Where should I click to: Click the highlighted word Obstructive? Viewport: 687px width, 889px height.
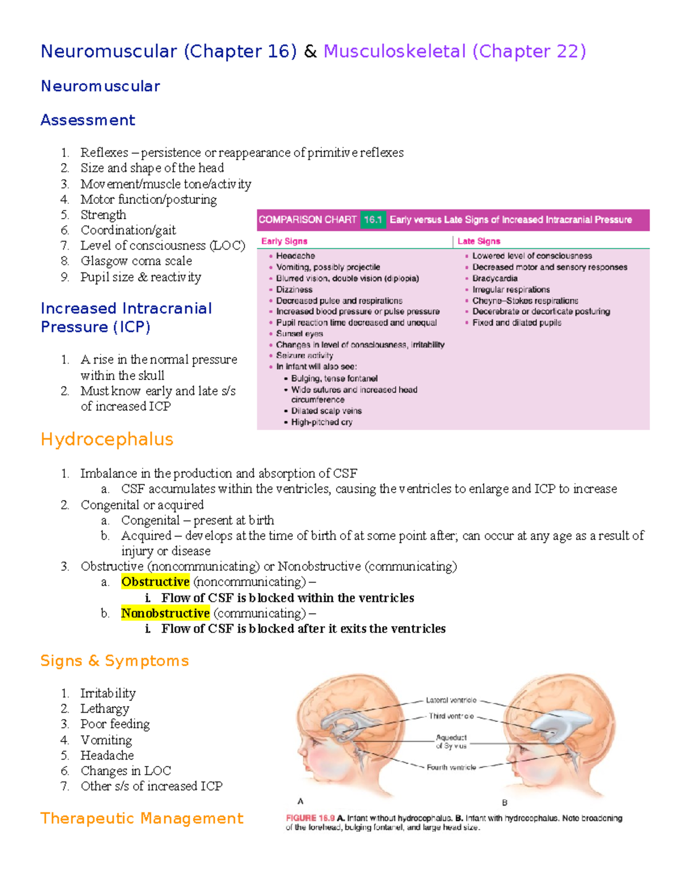click(x=155, y=582)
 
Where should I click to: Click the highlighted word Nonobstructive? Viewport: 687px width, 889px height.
click(x=165, y=613)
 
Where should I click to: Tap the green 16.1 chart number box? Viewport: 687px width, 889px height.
click(x=373, y=220)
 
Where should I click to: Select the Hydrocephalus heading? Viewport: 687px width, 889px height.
click(x=107, y=439)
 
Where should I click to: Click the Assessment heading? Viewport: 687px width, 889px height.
click(x=88, y=120)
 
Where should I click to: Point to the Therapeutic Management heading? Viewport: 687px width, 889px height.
click(x=142, y=818)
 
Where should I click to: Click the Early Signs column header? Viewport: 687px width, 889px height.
click(x=285, y=241)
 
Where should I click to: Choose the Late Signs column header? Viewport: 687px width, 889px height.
click(x=479, y=241)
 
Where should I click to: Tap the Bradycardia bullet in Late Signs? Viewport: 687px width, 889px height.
click(x=495, y=278)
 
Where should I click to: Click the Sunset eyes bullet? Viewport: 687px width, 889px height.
click(x=299, y=333)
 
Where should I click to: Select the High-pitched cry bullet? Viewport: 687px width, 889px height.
click(x=322, y=422)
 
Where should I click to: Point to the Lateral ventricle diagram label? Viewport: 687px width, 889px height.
click(x=451, y=700)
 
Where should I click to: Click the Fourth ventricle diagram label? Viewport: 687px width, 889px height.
click(x=451, y=767)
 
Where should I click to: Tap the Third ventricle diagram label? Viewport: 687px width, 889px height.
click(x=451, y=716)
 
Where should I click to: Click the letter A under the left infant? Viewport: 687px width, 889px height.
click(x=301, y=801)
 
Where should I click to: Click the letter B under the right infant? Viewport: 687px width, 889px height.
click(x=504, y=803)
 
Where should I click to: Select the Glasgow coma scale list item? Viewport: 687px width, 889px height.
click(x=136, y=261)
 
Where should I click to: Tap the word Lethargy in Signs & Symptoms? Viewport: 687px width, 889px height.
click(x=105, y=709)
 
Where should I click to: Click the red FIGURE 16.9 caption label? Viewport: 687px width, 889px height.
click(x=310, y=818)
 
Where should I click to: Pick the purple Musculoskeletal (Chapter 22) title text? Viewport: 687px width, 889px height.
click(x=455, y=52)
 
